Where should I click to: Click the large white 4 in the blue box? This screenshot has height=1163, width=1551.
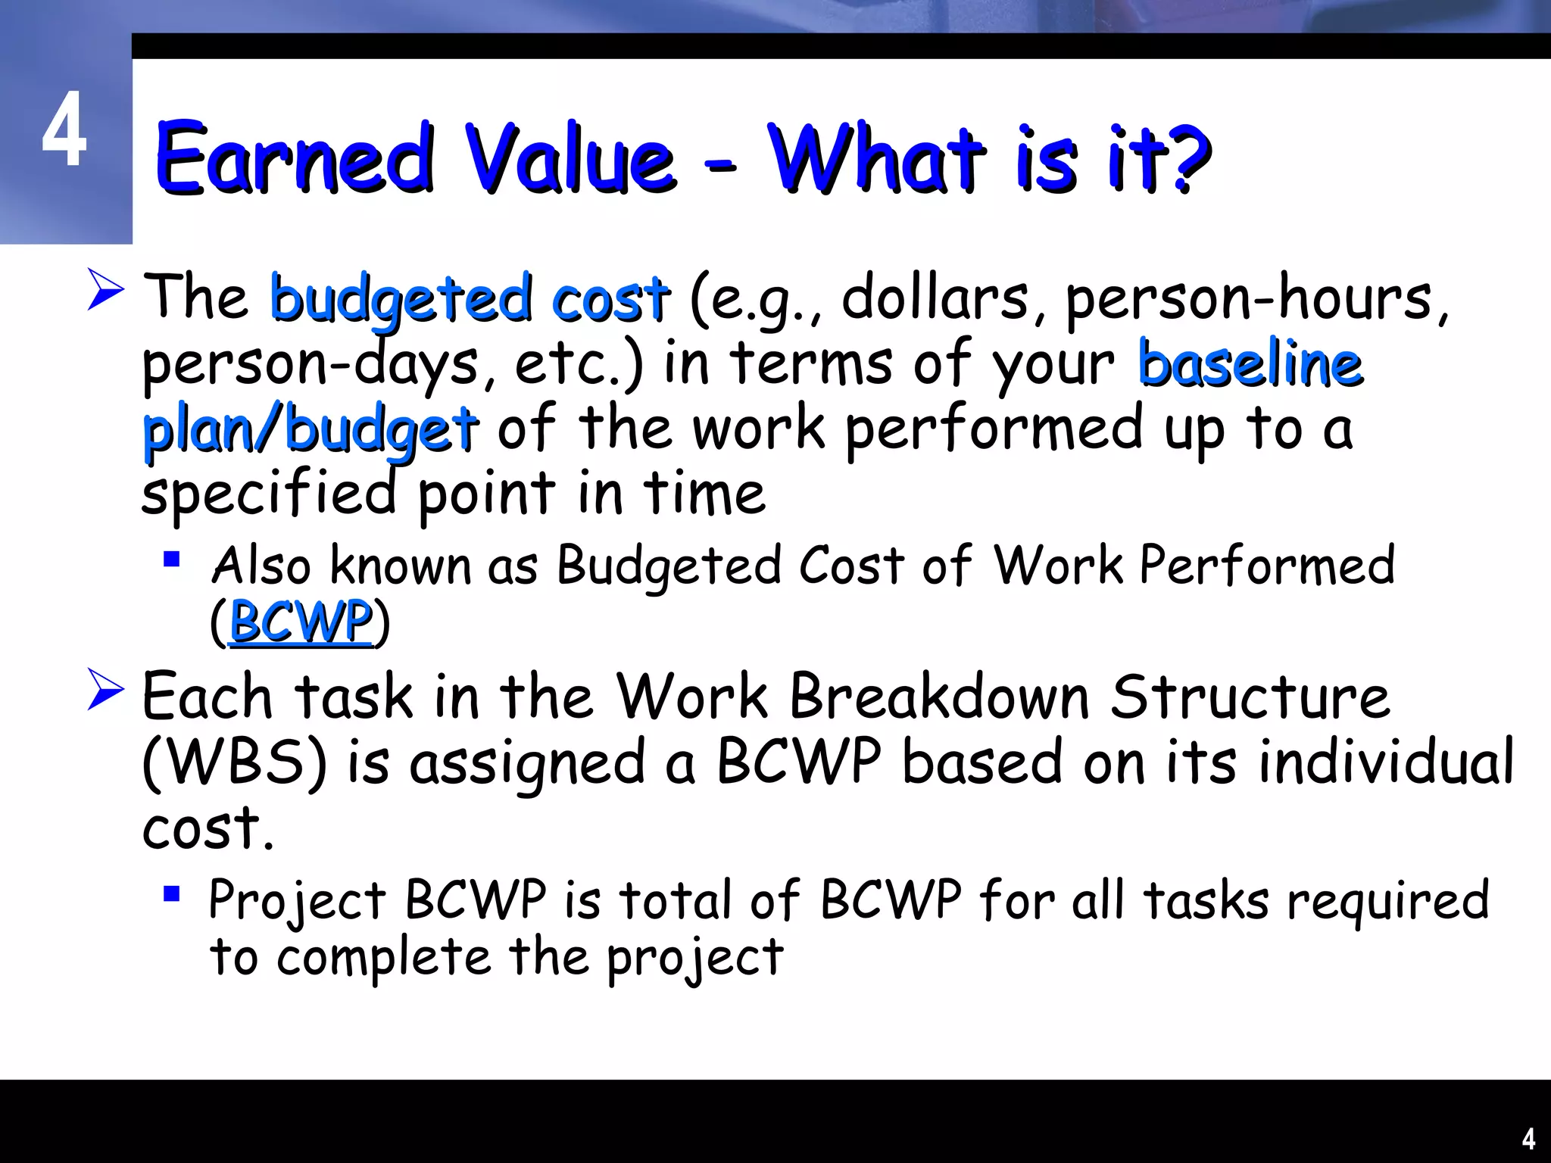(x=64, y=129)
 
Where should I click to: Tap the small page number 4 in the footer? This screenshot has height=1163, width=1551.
(x=1528, y=1139)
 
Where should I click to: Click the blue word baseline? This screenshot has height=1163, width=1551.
(x=1250, y=363)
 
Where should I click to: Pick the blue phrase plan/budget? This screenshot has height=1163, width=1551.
(x=311, y=430)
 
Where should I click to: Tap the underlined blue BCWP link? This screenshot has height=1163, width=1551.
(x=301, y=622)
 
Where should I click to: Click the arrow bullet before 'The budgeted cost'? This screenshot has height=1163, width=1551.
(x=105, y=289)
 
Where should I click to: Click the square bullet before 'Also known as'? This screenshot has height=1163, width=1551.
(x=172, y=560)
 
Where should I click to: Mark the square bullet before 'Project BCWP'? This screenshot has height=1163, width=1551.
(x=172, y=895)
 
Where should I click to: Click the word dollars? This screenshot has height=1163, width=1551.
(x=935, y=297)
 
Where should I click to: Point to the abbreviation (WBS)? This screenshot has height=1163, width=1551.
(x=235, y=762)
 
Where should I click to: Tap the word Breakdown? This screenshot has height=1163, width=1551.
(x=939, y=697)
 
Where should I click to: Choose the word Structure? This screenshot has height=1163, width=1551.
(x=1250, y=697)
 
